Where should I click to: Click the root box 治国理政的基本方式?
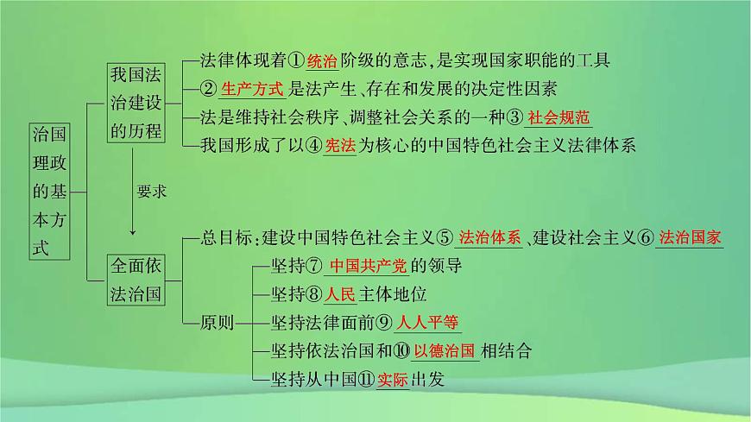click(x=49, y=191)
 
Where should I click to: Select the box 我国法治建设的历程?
click(x=136, y=103)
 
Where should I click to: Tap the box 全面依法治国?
click(x=136, y=280)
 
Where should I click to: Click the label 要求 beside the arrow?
click(x=151, y=192)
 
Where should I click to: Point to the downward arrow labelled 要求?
click(x=133, y=191)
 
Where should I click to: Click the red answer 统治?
click(x=322, y=61)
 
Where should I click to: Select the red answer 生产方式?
click(x=252, y=89)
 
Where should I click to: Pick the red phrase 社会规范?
click(x=559, y=118)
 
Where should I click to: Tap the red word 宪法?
click(x=340, y=146)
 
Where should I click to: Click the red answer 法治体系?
click(x=489, y=237)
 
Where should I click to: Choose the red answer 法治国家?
click(x=690, y=237)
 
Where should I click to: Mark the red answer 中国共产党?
click(x=368, y=266)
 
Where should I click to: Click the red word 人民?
click(x=340, y=294)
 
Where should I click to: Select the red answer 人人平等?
click(x=427, y=323)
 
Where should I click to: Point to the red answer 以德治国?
click(x=445, y=351)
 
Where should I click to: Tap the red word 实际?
click(x=392, y=380)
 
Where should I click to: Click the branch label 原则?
click(x=217, y=323)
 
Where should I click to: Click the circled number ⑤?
click(x=445, y=237)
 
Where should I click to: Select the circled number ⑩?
click(x=401, y=351)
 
